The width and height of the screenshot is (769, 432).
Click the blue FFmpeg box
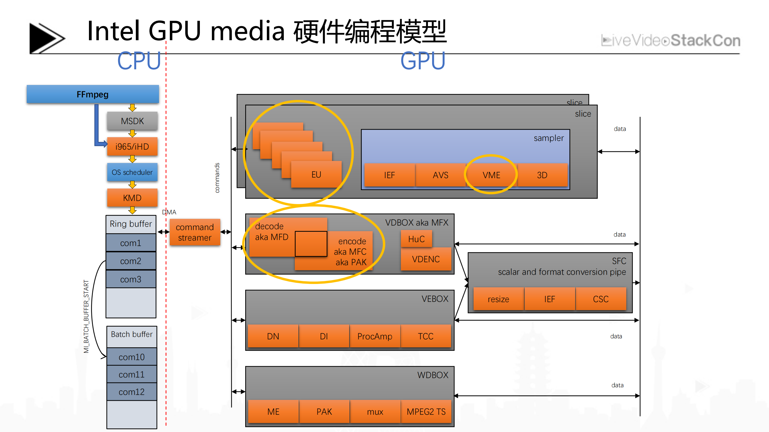click(93, 95)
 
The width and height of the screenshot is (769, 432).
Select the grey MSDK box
click(132, 121)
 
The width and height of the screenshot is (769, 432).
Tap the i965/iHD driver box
click(132, 147)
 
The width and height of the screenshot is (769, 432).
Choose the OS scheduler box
click(132, 172)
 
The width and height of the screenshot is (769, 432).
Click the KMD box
click(132, 198)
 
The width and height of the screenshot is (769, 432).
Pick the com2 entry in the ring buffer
click(131, 261)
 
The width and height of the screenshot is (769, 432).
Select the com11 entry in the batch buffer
click(132, 374)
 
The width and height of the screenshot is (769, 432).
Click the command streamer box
click(195, 232)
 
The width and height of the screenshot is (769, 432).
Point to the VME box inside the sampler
click(491, 175)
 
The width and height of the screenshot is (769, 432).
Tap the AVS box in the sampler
click(441, 175)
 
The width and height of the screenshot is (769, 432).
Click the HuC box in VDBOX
click(417, 239)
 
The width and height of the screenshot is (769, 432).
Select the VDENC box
click(426, 259)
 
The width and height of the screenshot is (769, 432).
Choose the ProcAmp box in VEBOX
click(375, 336)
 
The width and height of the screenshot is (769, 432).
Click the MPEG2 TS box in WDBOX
click(426, 412)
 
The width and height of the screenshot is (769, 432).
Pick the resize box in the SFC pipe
click(498, 299)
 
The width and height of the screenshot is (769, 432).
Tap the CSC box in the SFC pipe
click(601, 299)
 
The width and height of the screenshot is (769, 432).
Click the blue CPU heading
click(139, 61)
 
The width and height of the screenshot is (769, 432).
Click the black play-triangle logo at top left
click(45, 38)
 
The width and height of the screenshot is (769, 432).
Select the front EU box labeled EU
click(316, 174)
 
